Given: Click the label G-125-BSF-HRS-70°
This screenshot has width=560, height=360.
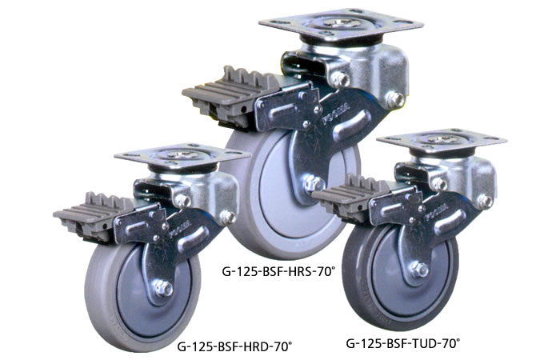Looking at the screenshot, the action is point(278,272).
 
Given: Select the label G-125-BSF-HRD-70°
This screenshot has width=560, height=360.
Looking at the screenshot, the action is point(234,346).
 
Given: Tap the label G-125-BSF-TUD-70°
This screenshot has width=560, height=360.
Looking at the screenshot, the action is point(403,343).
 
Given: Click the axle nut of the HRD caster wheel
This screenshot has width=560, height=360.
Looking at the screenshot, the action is point(163,288).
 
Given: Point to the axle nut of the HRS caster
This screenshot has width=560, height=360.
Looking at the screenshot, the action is point(314,183).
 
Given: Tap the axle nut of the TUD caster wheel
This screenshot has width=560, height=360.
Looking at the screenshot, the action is point(419,270).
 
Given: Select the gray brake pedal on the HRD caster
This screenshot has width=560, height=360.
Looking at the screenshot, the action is point(94,214).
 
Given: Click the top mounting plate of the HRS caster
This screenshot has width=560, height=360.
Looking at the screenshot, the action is point(341,25).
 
